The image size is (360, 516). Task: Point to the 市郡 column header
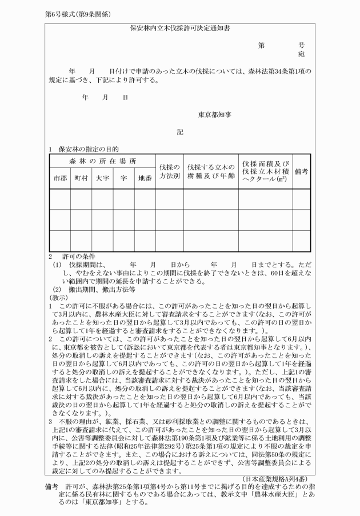(x=59, y=178)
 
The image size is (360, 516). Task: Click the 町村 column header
(x=81, y=178)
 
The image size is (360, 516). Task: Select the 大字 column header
(x=103, y=178)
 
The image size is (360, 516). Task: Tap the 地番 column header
(x=145, y=178)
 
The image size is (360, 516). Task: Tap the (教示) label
(x=58, y=297)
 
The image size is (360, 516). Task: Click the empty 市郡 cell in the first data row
(x=59, y=199)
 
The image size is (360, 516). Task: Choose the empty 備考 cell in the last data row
(x=302, y=241)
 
